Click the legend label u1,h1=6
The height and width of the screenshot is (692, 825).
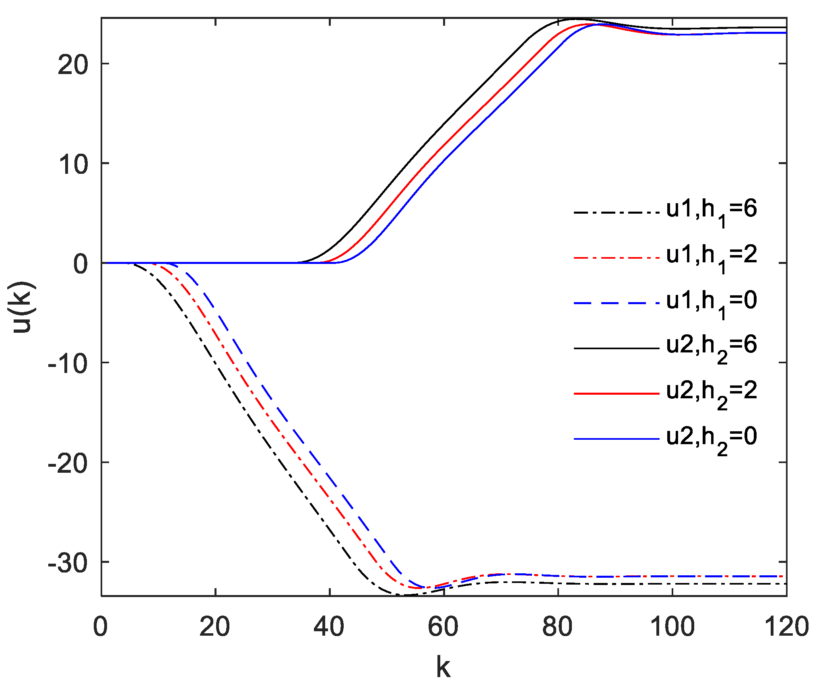(x=711, y=211)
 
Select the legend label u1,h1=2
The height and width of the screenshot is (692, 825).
(x=711, y=257)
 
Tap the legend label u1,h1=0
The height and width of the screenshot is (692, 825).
(x=711, y=302)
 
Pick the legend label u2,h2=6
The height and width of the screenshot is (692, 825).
(x=711, y=347)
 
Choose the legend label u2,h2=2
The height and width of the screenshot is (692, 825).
(x=711, y=393)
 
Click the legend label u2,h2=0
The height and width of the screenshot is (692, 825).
(x=711, y=438)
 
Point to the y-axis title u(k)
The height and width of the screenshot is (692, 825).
(x=23, y=307)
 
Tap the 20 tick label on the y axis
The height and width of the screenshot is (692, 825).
(x=73, y=64)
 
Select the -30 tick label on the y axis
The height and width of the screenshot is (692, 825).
(x=68, y=563)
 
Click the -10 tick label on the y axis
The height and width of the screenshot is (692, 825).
(x=68, y=364)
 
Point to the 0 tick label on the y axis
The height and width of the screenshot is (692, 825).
(x=80, y=264)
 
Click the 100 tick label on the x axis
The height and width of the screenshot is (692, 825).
(x=672, y=627)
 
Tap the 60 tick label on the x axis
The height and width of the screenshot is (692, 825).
(x=443, y=627)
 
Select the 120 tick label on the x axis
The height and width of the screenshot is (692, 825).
(x=786, y=627)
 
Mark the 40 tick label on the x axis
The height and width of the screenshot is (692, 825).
(x=329, y=627)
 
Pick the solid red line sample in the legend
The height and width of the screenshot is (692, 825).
(x=616, y=393)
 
